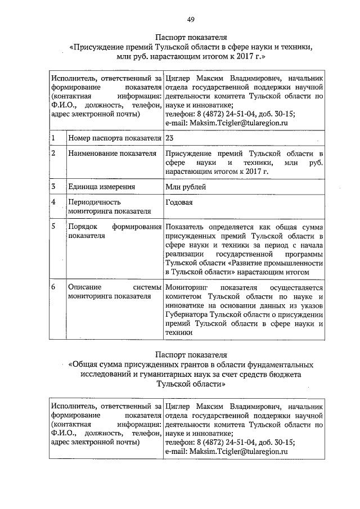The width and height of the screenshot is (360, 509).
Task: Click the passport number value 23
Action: [x=170, y=137]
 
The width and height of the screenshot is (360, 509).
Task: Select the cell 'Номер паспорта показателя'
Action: [x=112, y=138]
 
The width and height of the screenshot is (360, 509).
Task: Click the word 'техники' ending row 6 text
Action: [x=179, y=333]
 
